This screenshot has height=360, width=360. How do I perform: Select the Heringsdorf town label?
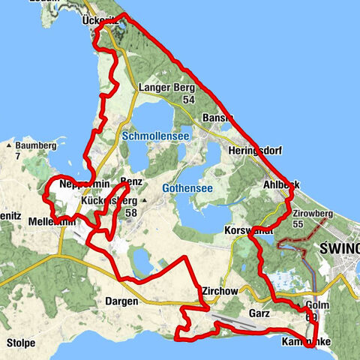tap(253, 150)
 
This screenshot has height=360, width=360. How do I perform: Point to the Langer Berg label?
tap(166, 88)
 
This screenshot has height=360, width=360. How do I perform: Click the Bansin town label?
tap(217, 119)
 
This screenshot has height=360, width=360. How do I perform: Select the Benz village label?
tap(131, 182)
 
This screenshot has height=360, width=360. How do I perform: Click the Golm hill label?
tap(318, 305)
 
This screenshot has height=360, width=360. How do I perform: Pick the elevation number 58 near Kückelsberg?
tap(132, 212)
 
